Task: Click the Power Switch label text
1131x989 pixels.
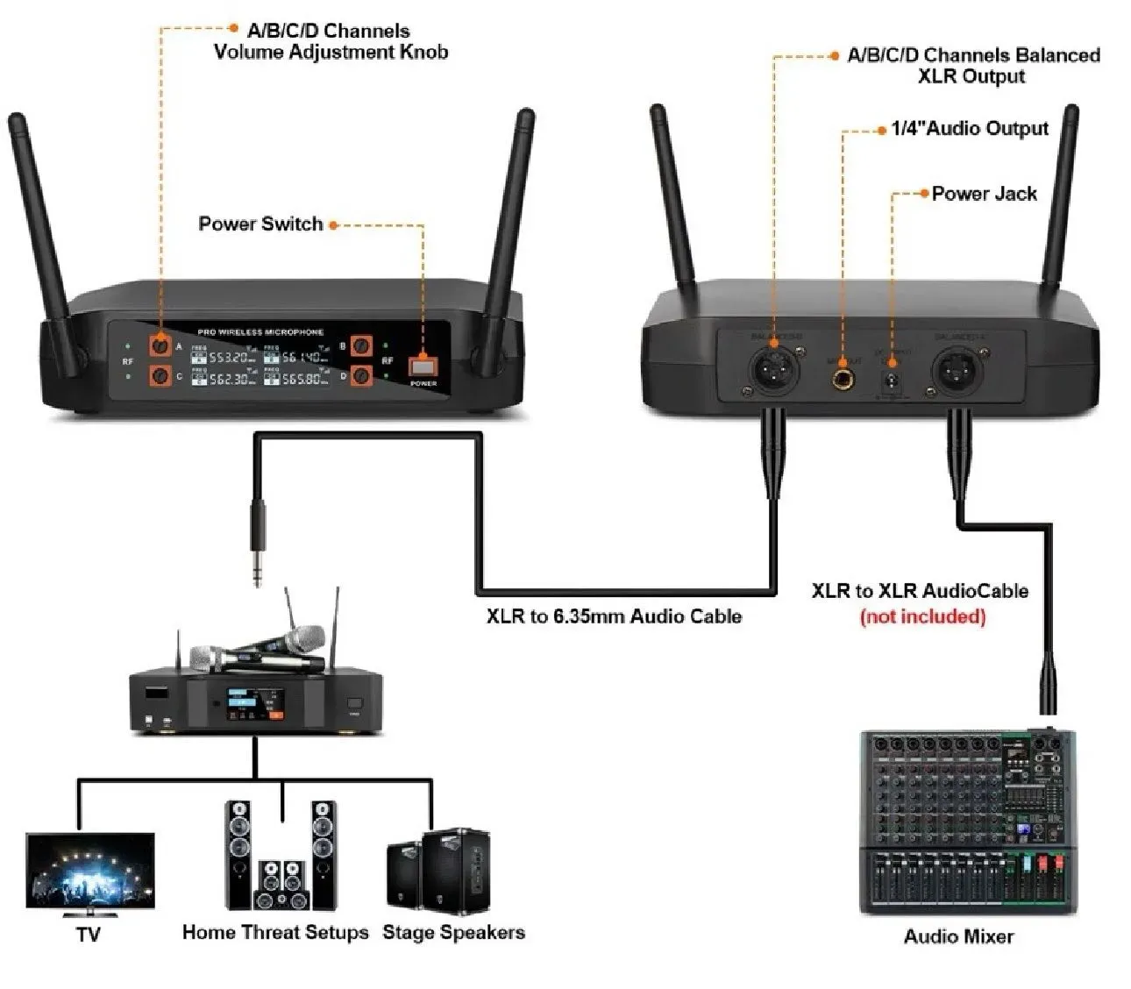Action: pyautogui.click(x=260, y=224)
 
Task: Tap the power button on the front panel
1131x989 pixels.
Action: pyautogui.click(x=423, y=366)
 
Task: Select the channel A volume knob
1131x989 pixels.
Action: pyautogui.click(x=160, y=344)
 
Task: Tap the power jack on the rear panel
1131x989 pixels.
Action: pyautogui.click(x=893, y=380)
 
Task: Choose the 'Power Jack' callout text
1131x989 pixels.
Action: pyautogui.click(x=984, y=194)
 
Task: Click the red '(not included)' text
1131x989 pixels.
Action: pyautogui.click(x=922, y=616)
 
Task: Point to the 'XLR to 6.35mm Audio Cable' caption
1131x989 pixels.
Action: pyautogui.click(x=614, y=616)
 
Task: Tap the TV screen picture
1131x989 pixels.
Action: pyautogui.click(x=90, y=873)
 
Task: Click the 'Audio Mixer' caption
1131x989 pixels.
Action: pyautogui.click(x=958, y=936)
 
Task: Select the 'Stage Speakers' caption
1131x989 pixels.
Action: pyautogui.click(x=453, y=932)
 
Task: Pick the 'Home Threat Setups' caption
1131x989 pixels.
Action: pyautogui.click(x=275, y=932)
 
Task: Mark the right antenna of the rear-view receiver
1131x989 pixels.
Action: pyautogui.click(x=1058, y=202)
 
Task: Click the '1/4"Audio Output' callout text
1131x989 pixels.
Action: pyautogui.click(x=970, y=129)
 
